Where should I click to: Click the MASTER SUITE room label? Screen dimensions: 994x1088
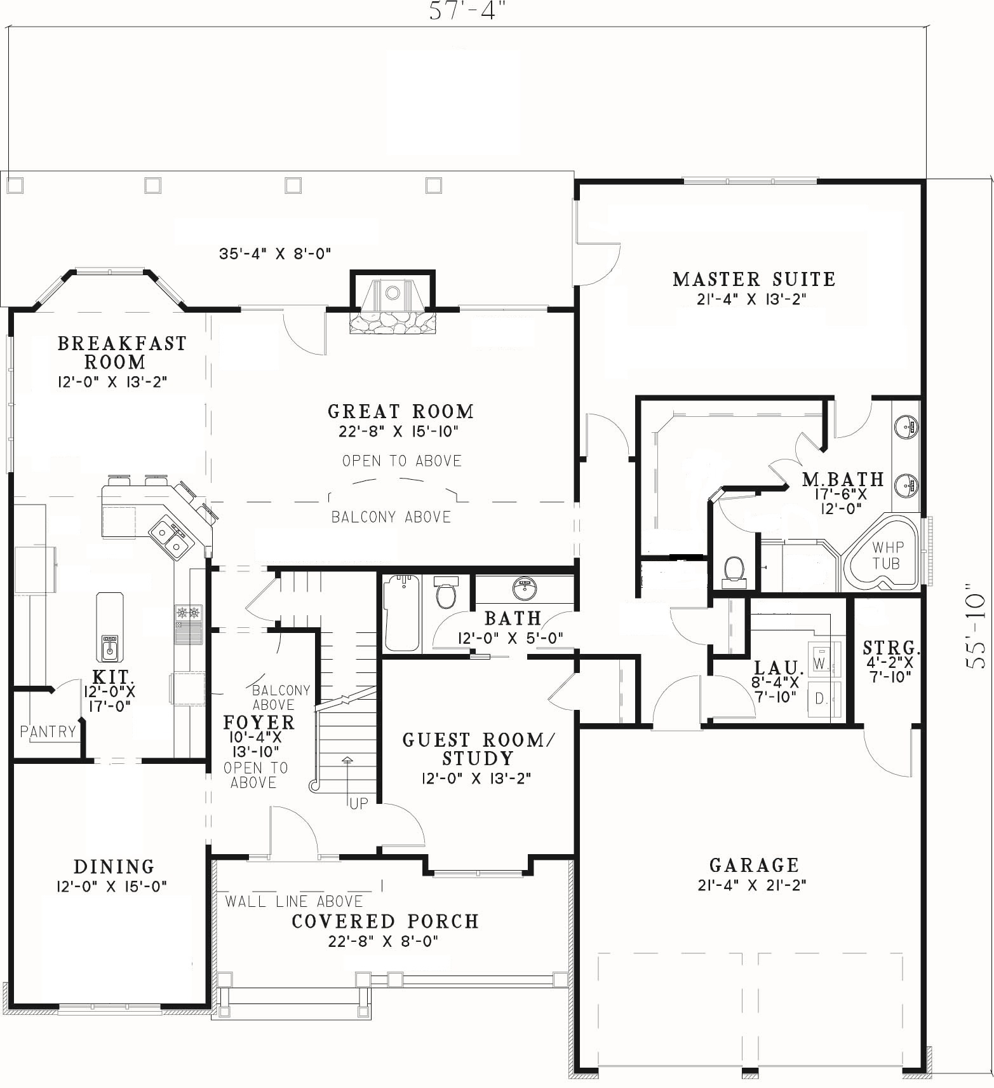coord(754,279)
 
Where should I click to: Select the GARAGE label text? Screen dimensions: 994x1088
coord(754,865)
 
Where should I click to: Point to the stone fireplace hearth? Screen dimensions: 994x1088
coord(393,321)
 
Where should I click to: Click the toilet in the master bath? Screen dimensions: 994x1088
coord(734,569)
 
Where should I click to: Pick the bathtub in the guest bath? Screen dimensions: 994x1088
coord(401,613)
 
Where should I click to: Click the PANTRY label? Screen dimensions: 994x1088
coord(48,731)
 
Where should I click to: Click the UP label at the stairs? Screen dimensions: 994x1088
coord(359,803)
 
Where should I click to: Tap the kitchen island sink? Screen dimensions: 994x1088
coord(109,647)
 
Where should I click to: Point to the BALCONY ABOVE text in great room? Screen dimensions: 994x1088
coord(391,517)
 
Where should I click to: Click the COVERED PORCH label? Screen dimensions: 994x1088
coord(385,921)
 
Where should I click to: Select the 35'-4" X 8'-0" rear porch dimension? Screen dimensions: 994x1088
coord(275,254)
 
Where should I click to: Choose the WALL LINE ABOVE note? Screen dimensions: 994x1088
coord(294,901)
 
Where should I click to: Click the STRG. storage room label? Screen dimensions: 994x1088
coord(891,648)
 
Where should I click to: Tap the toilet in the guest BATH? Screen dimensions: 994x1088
coord(446,592)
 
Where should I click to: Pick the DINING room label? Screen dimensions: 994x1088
coord(114,866)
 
